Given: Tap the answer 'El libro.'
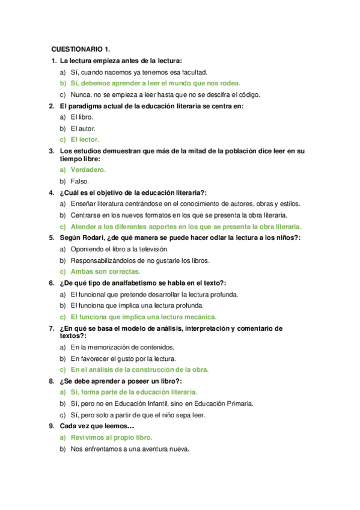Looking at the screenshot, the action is pyautogui.click(x=82, y=117).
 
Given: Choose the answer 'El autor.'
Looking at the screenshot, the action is pyautogui.click(x=83, y=129).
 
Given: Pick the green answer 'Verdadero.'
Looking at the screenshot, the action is pyautogui.click(x=88, y=170).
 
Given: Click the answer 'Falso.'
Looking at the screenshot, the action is pyautogui.click(x=79, y=181).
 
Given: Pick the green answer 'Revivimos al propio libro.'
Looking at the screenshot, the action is pyautogui.click(x=111, y=437).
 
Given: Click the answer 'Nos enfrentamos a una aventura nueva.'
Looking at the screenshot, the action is pyautogui.click(x=130, y=449).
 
